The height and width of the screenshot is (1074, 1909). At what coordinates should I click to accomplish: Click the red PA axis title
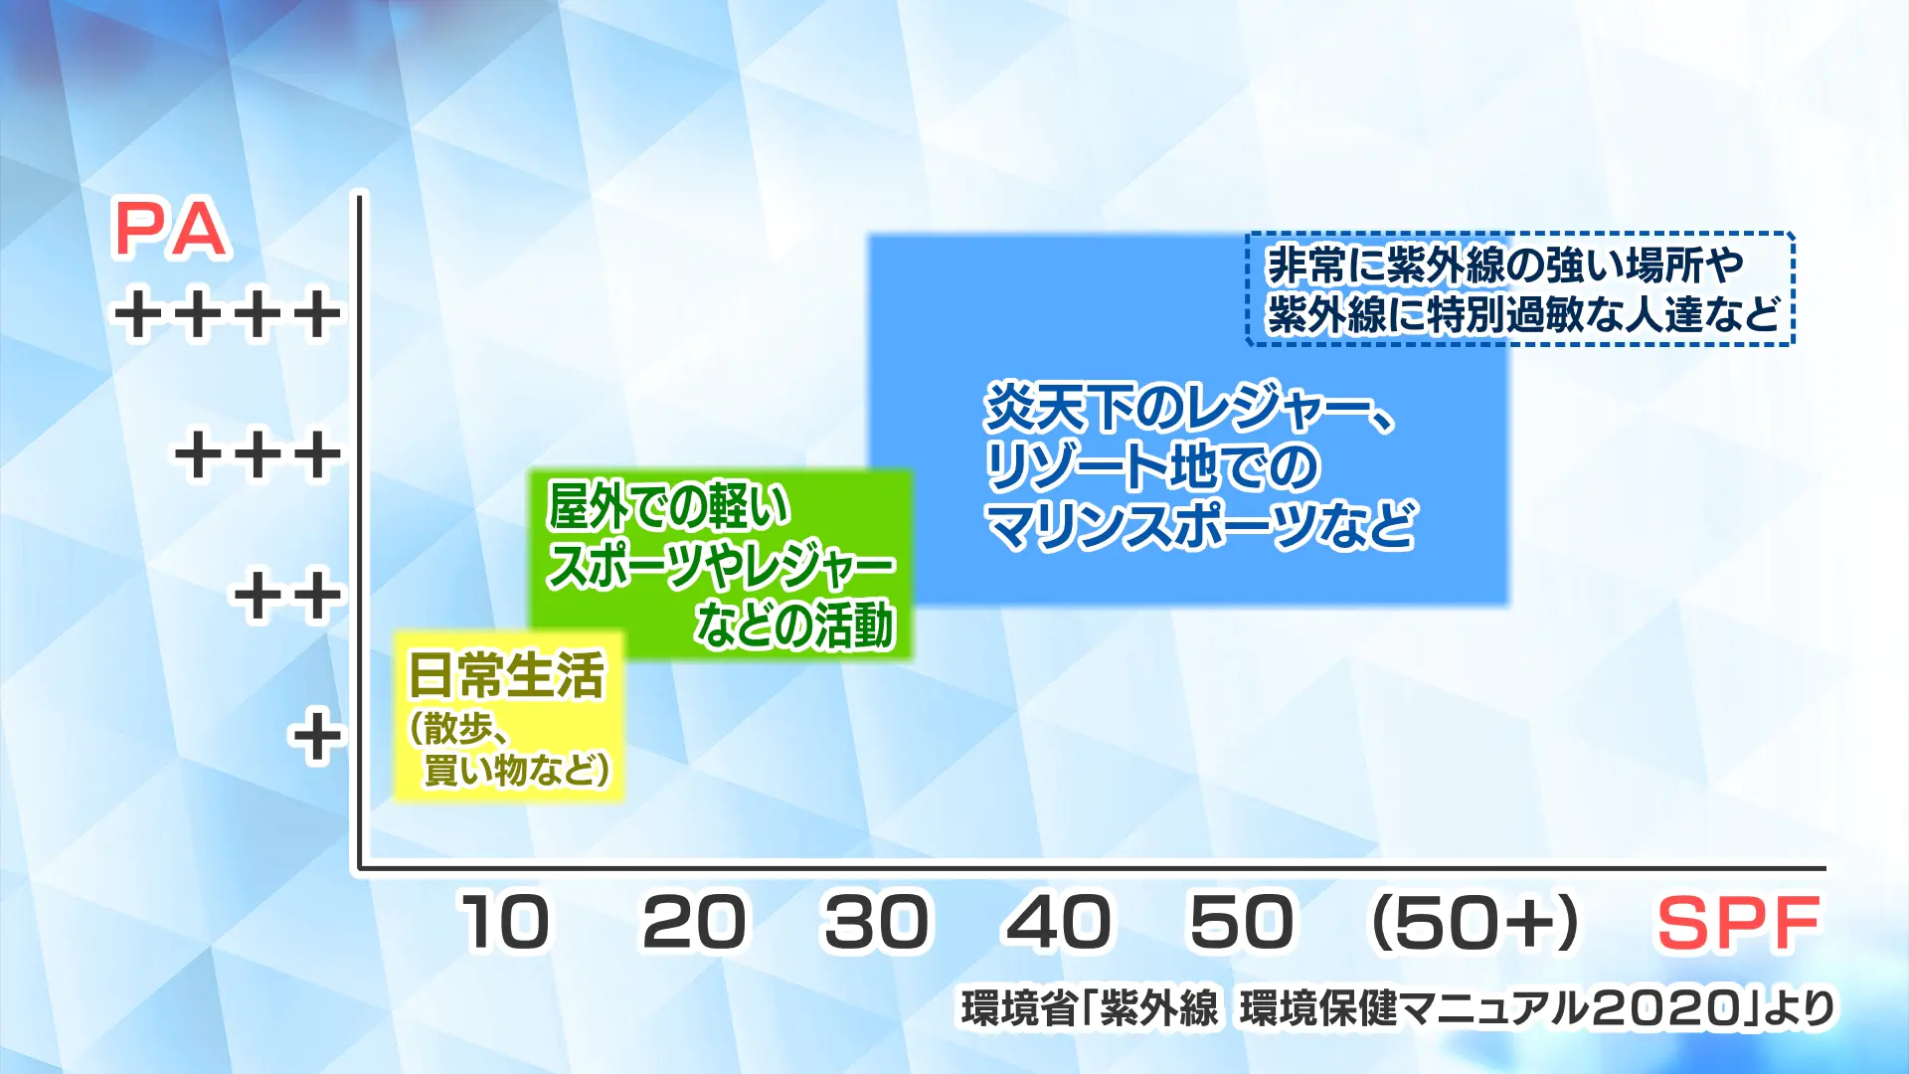171,230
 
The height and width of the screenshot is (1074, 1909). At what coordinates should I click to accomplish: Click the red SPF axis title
1738,924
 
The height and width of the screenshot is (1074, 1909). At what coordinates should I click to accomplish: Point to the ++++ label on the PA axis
228,315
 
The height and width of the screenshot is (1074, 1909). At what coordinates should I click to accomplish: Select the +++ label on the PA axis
259,455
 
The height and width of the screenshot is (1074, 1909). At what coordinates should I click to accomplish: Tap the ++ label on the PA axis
287,597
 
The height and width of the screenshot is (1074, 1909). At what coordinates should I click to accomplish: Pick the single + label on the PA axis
316,737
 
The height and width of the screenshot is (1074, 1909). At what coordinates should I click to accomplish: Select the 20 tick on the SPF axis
693,923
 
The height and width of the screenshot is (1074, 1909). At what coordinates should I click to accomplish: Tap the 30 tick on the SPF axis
877,923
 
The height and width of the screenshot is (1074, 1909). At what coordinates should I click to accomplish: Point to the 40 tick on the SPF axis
1058,923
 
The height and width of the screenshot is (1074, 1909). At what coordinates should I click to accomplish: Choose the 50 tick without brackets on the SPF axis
1242,923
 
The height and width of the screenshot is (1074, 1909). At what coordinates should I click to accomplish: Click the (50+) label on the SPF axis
1475,923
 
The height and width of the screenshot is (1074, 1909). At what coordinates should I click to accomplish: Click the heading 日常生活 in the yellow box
506,675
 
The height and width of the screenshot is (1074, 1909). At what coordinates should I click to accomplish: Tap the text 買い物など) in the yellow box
516,769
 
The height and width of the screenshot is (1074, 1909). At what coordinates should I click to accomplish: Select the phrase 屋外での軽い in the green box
668,506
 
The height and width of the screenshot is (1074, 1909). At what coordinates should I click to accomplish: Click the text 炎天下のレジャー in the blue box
1174,408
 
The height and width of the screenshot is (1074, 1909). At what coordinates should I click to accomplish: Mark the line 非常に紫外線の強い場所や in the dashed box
1505,266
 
